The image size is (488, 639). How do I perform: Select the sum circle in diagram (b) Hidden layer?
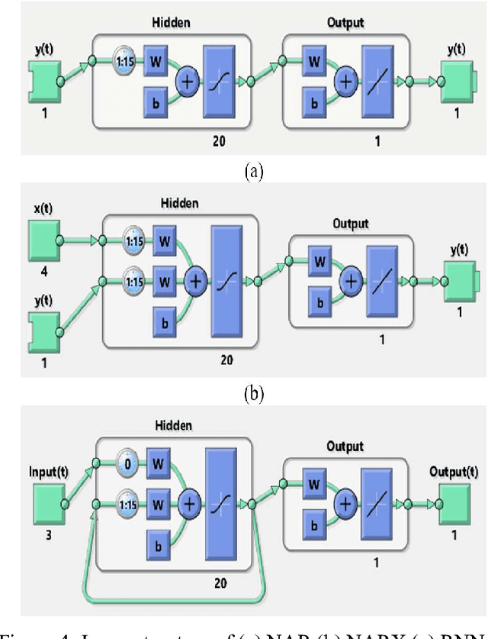click(196, 282)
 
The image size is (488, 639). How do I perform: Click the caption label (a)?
click(253, 172)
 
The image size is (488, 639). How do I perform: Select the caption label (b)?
click(253, 394)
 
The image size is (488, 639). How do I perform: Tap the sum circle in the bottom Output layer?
click(347, 502)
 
